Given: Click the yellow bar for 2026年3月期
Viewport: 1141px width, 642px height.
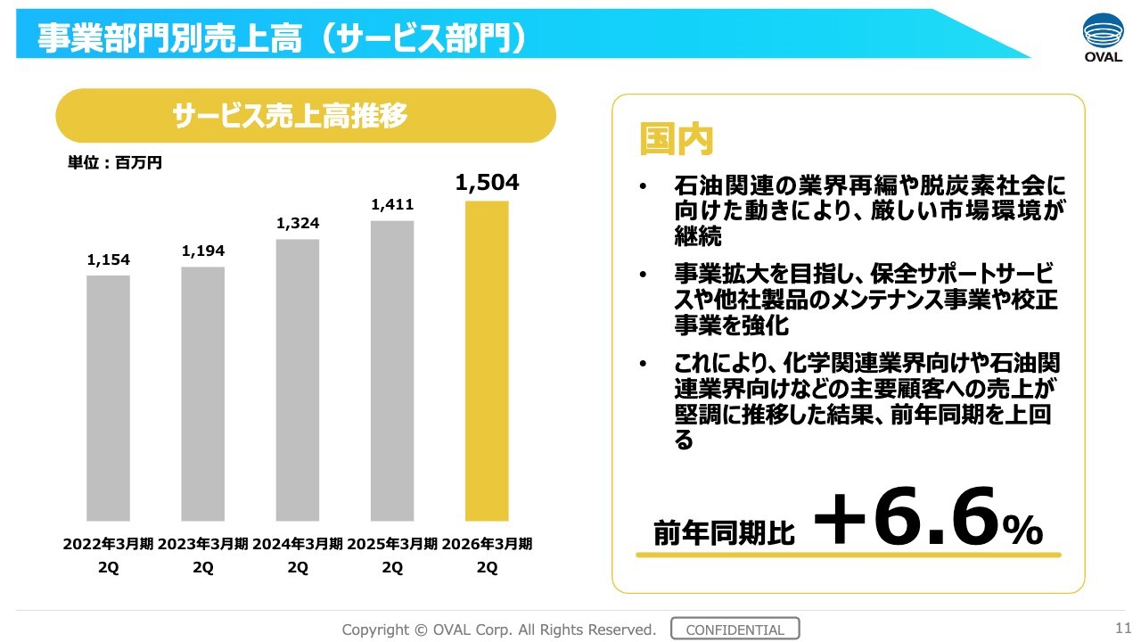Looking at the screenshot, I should (487, 361).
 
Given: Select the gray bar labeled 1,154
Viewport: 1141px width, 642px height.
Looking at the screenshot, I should (108, 398).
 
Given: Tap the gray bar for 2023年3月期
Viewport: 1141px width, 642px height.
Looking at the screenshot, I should (202, 393).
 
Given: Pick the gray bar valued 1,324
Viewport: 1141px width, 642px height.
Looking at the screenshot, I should (298, 380).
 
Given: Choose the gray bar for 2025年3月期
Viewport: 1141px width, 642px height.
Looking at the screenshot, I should (392, 370).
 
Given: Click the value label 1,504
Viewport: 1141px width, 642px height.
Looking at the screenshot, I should (487, 183).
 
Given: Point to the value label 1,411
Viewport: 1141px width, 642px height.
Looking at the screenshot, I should (392, 206).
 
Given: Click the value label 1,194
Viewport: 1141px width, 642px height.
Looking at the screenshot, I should (203, 251).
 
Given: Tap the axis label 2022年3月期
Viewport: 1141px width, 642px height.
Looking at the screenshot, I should (108, 544).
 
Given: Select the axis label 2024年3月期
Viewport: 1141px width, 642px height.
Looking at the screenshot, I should (298, 544).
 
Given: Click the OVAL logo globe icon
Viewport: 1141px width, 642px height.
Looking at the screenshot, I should (1104, 31).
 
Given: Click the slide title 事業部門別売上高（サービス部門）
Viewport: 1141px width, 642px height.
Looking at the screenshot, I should (281, 37).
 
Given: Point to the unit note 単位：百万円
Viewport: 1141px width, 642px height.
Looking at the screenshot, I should (114, 163).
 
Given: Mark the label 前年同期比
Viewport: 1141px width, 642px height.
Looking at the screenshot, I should (723, 532).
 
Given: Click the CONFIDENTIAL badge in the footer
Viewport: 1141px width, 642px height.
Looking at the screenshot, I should (735, 630).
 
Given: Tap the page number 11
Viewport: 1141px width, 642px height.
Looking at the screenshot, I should (1122, 626).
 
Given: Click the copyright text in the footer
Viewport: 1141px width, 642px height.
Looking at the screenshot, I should (499, 630).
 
